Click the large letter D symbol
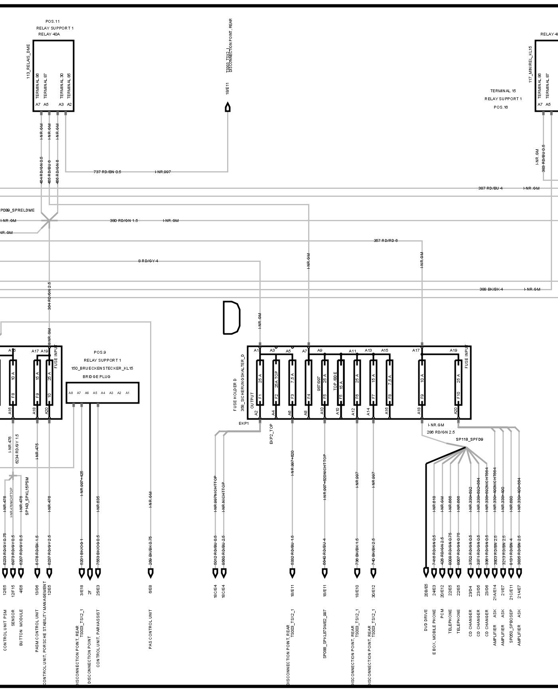231,318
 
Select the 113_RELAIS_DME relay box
53,75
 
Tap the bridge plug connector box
103,393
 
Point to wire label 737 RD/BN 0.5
107,172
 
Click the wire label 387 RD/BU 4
490,188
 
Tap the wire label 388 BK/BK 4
491,289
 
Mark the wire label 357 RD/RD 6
385,241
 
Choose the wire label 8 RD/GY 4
148,261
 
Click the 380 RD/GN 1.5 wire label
124,221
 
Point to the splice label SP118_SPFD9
469,440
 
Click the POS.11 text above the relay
52,21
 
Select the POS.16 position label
501,107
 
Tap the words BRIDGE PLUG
97,376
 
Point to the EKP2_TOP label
271,435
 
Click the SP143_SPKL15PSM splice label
28,496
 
